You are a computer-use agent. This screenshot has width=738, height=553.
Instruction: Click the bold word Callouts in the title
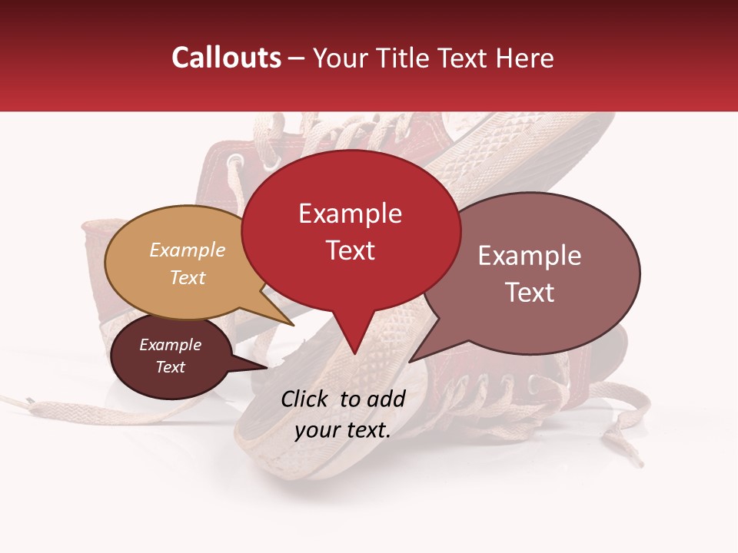coord(226,58)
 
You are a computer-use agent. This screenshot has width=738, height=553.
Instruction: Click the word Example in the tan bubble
coord(188,250)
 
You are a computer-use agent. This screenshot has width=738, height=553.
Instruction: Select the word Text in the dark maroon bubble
coord(171,367)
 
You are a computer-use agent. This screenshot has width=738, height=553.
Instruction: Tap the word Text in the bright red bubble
coord(351,250)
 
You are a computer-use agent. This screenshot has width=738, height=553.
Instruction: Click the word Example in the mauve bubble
coord(530,256)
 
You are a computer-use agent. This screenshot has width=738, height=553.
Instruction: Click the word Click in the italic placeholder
coord(306,399)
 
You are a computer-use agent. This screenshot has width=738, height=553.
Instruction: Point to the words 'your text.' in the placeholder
coord(343,430)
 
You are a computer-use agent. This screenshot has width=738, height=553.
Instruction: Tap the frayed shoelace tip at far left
coord(29,401)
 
